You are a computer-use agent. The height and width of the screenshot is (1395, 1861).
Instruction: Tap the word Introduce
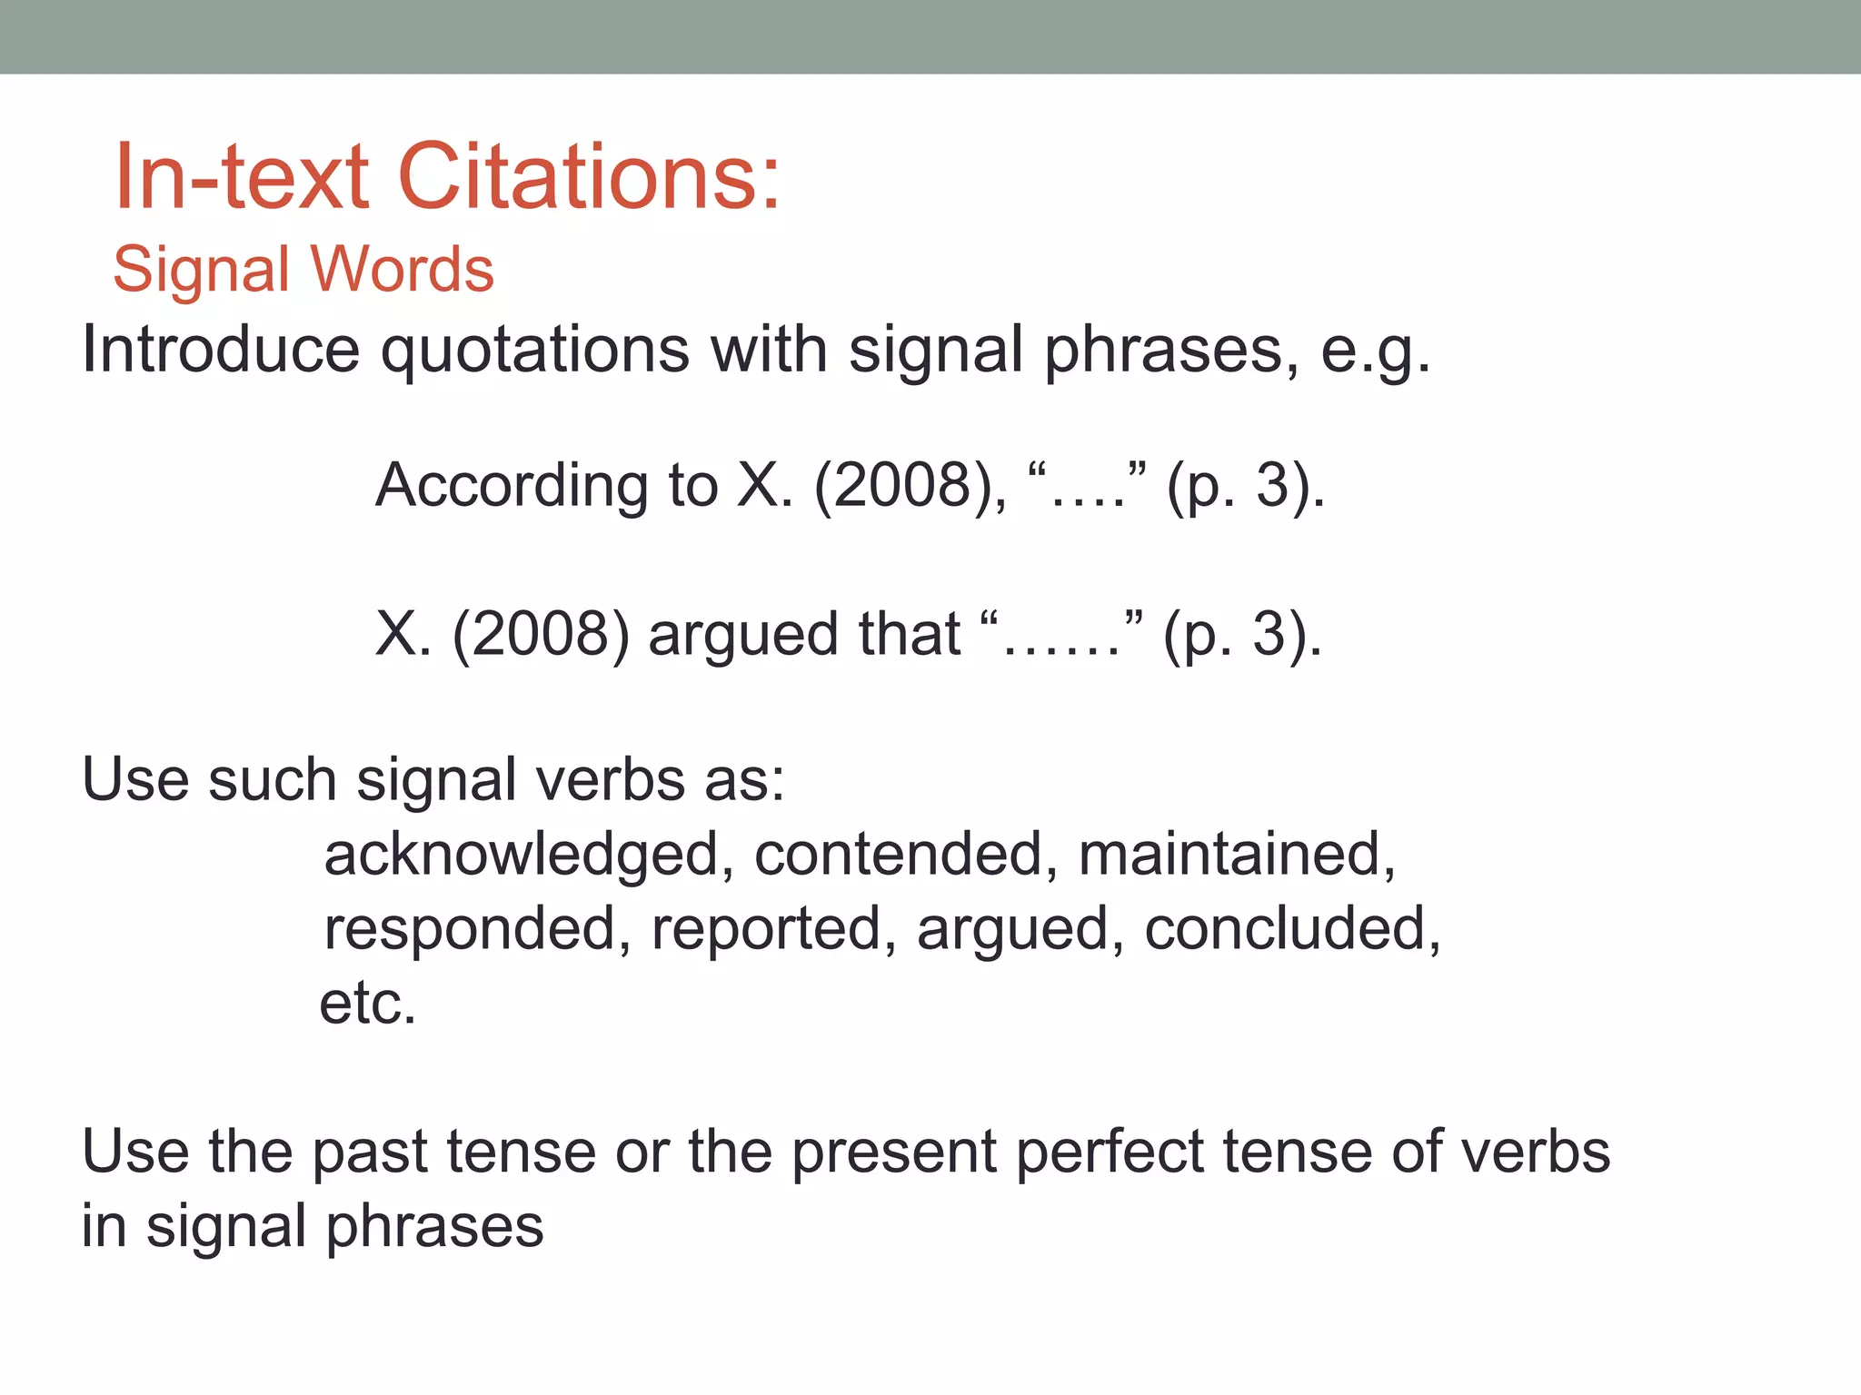coord(221,350)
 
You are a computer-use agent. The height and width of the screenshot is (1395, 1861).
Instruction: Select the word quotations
coord(535,350)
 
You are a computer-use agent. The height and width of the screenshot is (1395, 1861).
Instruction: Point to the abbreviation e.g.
coord(1375,351)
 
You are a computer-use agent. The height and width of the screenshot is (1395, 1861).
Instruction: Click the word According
coord(511,486)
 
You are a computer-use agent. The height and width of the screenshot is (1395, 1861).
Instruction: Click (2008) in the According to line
coord(910,486)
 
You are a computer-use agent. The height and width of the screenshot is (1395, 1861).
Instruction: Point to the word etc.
coord(367,1004)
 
